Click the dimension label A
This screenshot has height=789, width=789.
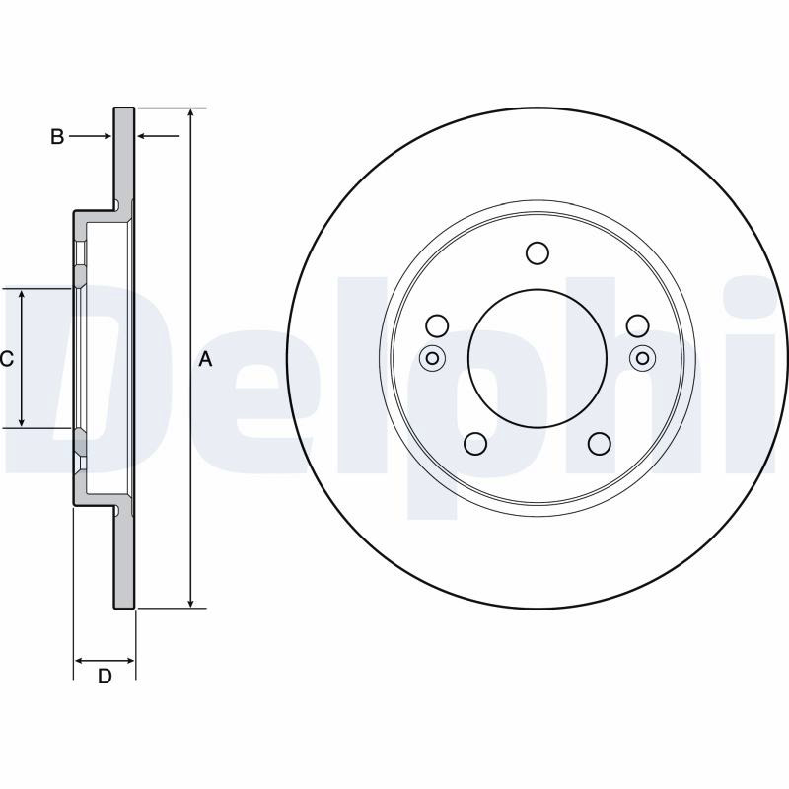tap(205, 359)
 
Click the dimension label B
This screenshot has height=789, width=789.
tap(57, 136)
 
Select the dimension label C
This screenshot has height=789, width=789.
tap(7, 359)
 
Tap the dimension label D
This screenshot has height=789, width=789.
tap(105, 677)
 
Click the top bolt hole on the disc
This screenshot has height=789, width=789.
tap(537, 252)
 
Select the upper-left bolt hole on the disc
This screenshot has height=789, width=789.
tap(437, 325)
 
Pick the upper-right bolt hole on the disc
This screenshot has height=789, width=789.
tap(637, 325)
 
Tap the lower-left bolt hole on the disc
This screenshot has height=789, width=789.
tap(475, 443)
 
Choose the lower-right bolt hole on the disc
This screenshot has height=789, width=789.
tap(600, 443)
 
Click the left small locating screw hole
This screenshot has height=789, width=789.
tap(432, 358)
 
